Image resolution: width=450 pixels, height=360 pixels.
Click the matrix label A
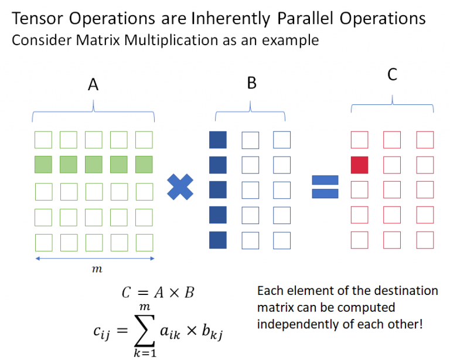[93, 85]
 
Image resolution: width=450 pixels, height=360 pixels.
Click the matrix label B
[251, 83]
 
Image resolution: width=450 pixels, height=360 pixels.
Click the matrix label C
[393, 75]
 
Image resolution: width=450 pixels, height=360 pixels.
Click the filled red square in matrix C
[359, 165]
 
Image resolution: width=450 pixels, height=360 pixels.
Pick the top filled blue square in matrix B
[218, 140]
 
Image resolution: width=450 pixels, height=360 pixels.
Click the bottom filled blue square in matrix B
[218, 240]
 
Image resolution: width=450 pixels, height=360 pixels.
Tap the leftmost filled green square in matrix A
[43, 165]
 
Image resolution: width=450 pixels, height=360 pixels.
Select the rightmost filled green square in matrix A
[144, 165]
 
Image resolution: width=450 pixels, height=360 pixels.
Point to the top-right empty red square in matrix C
[425, 140]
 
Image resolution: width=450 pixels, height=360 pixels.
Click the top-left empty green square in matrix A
[43, 140]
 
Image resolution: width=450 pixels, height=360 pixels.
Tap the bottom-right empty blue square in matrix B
[282, 240]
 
